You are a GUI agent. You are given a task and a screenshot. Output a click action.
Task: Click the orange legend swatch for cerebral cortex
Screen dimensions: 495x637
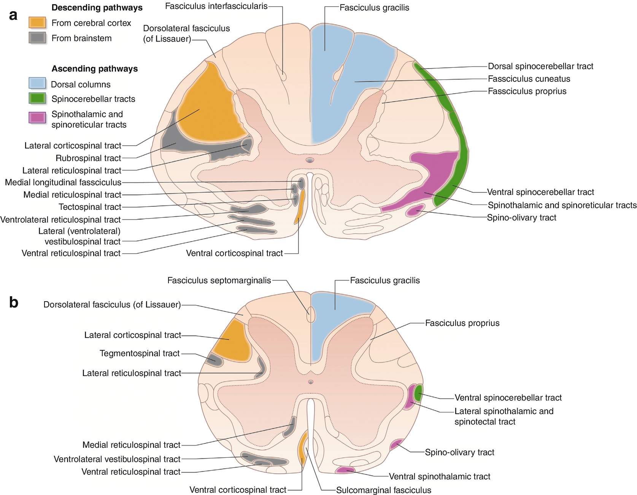pos(37,22)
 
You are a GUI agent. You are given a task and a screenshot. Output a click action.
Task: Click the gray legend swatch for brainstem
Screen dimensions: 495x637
pos(37,38)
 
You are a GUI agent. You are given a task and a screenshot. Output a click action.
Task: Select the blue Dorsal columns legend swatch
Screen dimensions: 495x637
pos(37,83)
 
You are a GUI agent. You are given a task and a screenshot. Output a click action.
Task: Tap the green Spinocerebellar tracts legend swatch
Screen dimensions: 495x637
pos(37,98)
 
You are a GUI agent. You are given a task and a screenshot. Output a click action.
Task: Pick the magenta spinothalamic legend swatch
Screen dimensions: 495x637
pos(37,117)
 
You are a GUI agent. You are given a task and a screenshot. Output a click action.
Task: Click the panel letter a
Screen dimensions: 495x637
pos(13,15)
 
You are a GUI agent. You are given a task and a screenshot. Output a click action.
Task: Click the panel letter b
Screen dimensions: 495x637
pos(14,302)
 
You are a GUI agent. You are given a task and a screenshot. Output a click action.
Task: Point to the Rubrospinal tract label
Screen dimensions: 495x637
pos(88,158)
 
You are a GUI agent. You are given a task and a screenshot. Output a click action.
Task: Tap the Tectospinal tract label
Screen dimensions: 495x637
pos(90,207)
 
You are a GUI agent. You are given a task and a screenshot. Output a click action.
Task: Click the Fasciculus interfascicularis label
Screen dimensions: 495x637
pos(216,6)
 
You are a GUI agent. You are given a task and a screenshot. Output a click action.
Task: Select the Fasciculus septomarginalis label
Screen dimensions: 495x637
pos(219,281)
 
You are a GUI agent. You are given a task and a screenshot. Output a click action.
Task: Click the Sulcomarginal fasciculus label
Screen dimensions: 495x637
pos(383,490)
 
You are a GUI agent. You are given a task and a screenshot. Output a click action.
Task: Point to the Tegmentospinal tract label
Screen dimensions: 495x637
pos(139,353)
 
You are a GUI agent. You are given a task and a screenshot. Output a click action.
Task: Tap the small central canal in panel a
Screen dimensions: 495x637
pos(310,160)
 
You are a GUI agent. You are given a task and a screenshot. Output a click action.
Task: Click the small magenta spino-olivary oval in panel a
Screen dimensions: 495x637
pos(415,210)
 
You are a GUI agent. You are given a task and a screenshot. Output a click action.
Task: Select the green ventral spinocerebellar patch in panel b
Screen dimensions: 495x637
pos(418,393)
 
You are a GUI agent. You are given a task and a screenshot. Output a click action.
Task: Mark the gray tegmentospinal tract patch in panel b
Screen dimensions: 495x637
pos(214,360)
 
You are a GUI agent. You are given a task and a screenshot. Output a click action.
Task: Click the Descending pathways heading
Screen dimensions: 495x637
pos(97,8)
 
